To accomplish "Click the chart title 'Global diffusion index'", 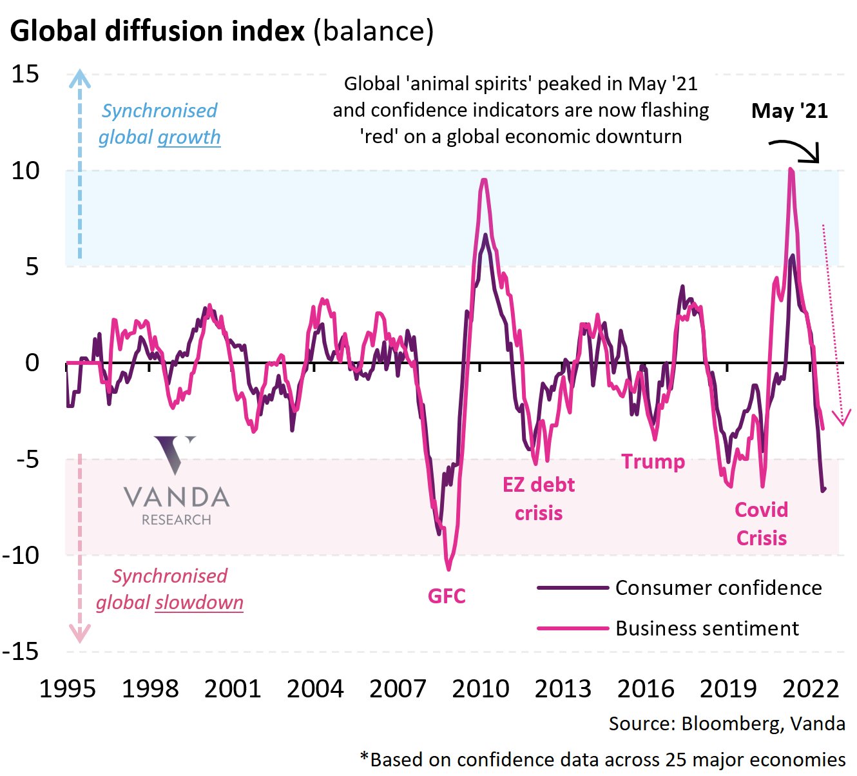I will click(x=157, y=31).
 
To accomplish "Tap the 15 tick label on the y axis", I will click(x=26, y=75).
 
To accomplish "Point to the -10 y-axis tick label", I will click(x=21, y=555).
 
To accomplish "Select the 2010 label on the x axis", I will click(x=481, y=689).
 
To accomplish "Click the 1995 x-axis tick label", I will click(x=68, y=689).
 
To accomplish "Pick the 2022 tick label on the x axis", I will click(x=811, y=689).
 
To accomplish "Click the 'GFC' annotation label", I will click(x=447, y=596).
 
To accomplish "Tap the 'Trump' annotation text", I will click(x=653, y=461).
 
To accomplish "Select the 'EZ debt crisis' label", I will click(x=539, y=499).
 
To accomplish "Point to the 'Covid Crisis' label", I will click(x=762, y=524).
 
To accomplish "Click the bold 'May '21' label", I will click(x=789, y=111).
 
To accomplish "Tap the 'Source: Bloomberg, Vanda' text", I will click(x=727, y=724).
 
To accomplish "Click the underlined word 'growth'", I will click(x=189, y=137).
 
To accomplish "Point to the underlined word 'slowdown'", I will click(x=199, y=603).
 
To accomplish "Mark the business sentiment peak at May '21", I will click(x=791, y=170).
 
